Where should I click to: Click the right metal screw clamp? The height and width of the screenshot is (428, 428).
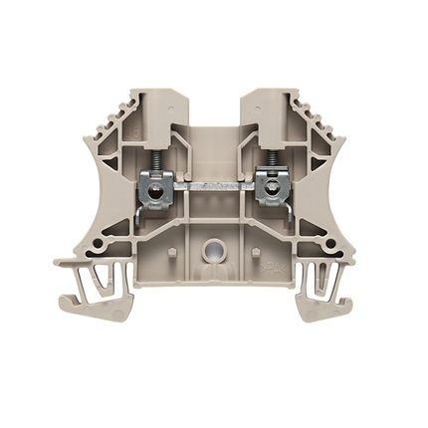click(268, 187)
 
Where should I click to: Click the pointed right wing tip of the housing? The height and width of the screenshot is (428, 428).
click(369, 263)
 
